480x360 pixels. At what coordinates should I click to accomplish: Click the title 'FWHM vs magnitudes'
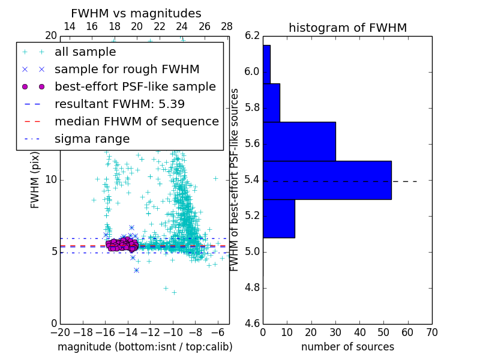(136, 13)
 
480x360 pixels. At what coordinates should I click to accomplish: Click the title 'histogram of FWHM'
(347, 28)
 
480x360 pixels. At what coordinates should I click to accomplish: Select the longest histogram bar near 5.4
(327, 180)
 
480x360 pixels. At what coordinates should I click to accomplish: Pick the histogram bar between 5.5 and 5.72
(299, 141)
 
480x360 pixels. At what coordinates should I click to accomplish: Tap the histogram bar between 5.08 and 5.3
(278, 218)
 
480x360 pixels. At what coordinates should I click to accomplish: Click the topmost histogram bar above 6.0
(266, 64)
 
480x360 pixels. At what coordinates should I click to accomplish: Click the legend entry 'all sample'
(85, 52)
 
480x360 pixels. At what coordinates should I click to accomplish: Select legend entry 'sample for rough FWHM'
(127, 69)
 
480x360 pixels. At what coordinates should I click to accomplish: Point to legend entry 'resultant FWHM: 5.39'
(119, 104)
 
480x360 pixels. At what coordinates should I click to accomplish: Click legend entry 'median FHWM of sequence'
(136, 121)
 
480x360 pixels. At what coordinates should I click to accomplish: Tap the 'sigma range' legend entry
(92, 139)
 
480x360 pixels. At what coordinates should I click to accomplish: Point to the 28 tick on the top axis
(227, 26)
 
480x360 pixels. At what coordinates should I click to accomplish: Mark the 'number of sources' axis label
(347, 347)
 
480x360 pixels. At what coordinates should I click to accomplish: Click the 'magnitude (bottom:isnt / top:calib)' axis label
(145, 347)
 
